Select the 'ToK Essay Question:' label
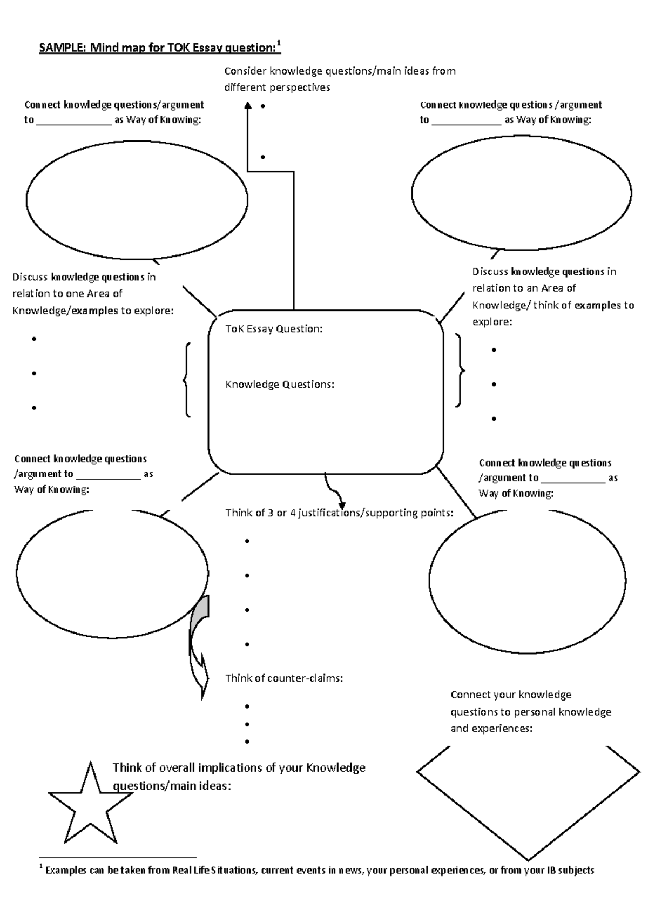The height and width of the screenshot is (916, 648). [x=274, y=329]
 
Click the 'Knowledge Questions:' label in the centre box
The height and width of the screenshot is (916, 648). [x=280, y=385]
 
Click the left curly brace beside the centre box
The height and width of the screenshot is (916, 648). [x=186, y=380]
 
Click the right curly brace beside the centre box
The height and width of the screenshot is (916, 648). [x=460, y=370]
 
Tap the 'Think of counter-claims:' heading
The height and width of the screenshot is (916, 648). [x=284, y=678]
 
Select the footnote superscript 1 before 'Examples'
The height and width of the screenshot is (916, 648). [x=41, y=868]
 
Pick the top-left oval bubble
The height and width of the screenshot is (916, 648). [x=137, y=200]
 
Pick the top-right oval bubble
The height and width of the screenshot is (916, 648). [x=521, y=193]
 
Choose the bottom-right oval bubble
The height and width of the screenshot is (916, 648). [x=527, y=581]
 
